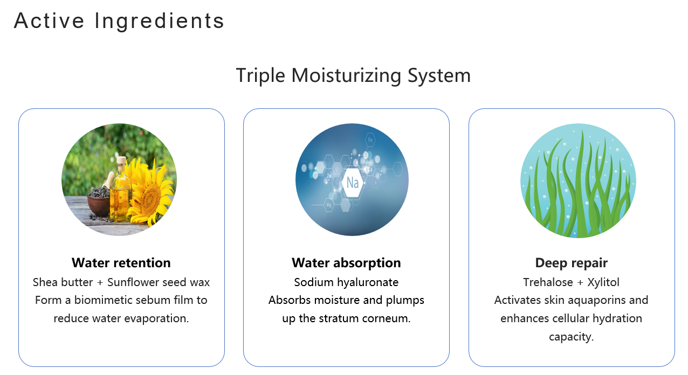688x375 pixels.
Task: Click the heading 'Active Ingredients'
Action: (119, 22)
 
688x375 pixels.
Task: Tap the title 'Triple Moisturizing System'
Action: (353, 75)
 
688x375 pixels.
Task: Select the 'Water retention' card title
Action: (121, 263)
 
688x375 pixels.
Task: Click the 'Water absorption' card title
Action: (346, 263)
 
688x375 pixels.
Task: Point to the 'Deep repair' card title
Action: (572, 263)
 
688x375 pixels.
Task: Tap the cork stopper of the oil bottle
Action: (121, 161)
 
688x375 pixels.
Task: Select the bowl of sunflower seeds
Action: (99, 201)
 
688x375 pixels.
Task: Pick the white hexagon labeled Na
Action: (352, 183)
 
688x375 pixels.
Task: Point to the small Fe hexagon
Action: (370, 140)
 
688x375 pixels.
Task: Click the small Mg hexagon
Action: (329, 205)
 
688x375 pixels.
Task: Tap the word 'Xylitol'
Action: (603, 282)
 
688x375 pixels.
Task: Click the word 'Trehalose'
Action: (548, 282)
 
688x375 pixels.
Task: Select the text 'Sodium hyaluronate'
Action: (346, 282)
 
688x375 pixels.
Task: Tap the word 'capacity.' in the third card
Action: (572, 337)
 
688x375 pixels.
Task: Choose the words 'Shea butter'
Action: (63, 282)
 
